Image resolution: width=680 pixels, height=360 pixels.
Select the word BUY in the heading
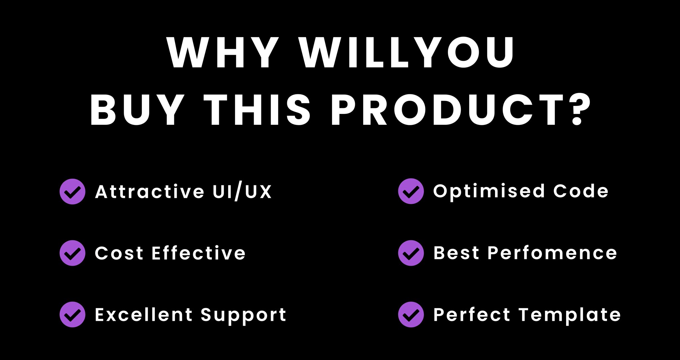coord(137,110)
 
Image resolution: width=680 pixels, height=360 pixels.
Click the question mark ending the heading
coord(580,110)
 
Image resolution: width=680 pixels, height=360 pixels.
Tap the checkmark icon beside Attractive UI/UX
coord(72,191)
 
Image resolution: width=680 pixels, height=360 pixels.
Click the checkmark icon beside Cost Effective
coord(72,253)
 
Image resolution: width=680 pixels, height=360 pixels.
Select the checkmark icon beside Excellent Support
coord(72,315)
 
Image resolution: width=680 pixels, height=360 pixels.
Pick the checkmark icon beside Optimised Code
coord(411,191)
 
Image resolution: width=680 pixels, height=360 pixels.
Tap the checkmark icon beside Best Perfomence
coord(411,253)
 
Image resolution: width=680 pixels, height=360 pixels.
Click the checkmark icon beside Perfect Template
coord(411,315)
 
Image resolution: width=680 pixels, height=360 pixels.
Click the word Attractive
coord(150,192)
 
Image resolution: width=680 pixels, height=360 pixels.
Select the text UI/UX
coord(242,192)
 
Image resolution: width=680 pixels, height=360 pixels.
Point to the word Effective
coord(199,253)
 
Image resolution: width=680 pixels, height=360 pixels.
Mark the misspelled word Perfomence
coord(552,253)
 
